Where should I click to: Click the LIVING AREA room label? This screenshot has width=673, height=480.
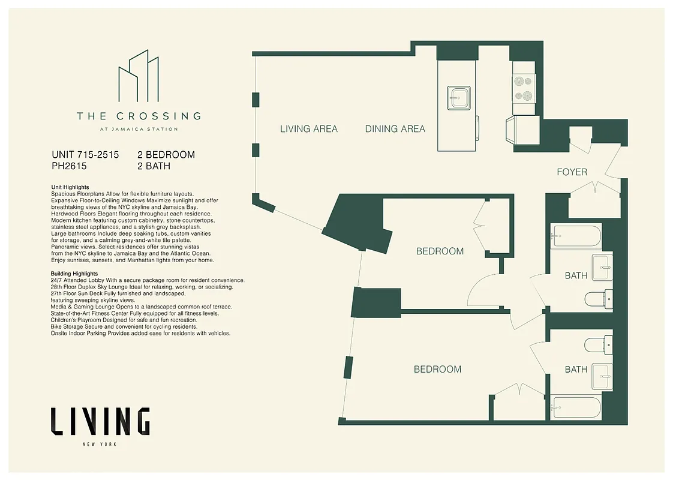click(309, 129)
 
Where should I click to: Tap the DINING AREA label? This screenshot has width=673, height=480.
click(395, 129)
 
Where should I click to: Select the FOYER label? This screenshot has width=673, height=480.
click(572, 172)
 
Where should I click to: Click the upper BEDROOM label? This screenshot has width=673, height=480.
click(440, 251)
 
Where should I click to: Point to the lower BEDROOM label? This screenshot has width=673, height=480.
click(437, 370)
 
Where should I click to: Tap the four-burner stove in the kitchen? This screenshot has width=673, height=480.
click(523, 88)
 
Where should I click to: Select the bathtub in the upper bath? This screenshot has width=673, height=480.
click(577, 236)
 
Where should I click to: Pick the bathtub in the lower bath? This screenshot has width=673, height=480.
click(576, 408)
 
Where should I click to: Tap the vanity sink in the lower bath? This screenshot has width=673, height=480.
click(601, 376)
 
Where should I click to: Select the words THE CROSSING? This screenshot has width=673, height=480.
click(139, 116)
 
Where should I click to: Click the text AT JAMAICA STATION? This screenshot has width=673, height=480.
click(139, 129)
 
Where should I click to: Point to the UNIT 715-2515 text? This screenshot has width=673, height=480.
click(85, 155)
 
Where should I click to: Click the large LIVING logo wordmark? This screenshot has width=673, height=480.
click(100, 421)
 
